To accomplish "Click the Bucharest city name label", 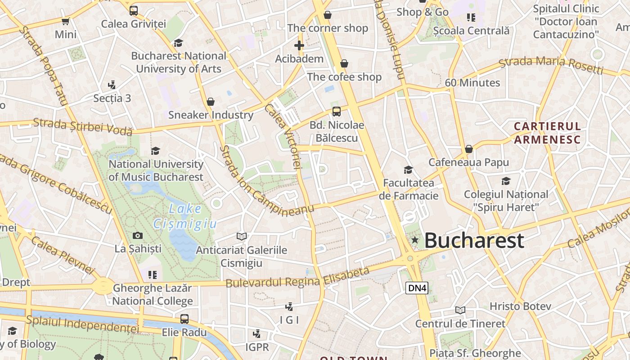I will click(474, 240).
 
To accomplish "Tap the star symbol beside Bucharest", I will click(414, 240).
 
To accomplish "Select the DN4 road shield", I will click(417, 288).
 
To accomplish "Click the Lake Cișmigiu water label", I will click(185, 216).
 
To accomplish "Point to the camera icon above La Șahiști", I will click(138, 235).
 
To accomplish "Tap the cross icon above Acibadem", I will click(299, 45).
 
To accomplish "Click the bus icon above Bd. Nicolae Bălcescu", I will click(337, 112).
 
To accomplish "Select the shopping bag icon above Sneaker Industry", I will click(210, 102).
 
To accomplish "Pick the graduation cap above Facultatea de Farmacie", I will click(408, 170).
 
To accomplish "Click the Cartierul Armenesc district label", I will click(547, 133).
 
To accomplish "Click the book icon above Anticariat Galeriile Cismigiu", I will click(242, 236).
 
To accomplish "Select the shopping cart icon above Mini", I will click(66, 21).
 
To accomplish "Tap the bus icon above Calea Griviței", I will click(134, 11).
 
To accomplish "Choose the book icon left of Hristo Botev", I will click(460, 310).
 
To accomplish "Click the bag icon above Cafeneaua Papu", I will click(469, 149).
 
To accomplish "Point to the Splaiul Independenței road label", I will click(82, 324).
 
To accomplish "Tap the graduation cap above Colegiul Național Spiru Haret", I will click(506, 181).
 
